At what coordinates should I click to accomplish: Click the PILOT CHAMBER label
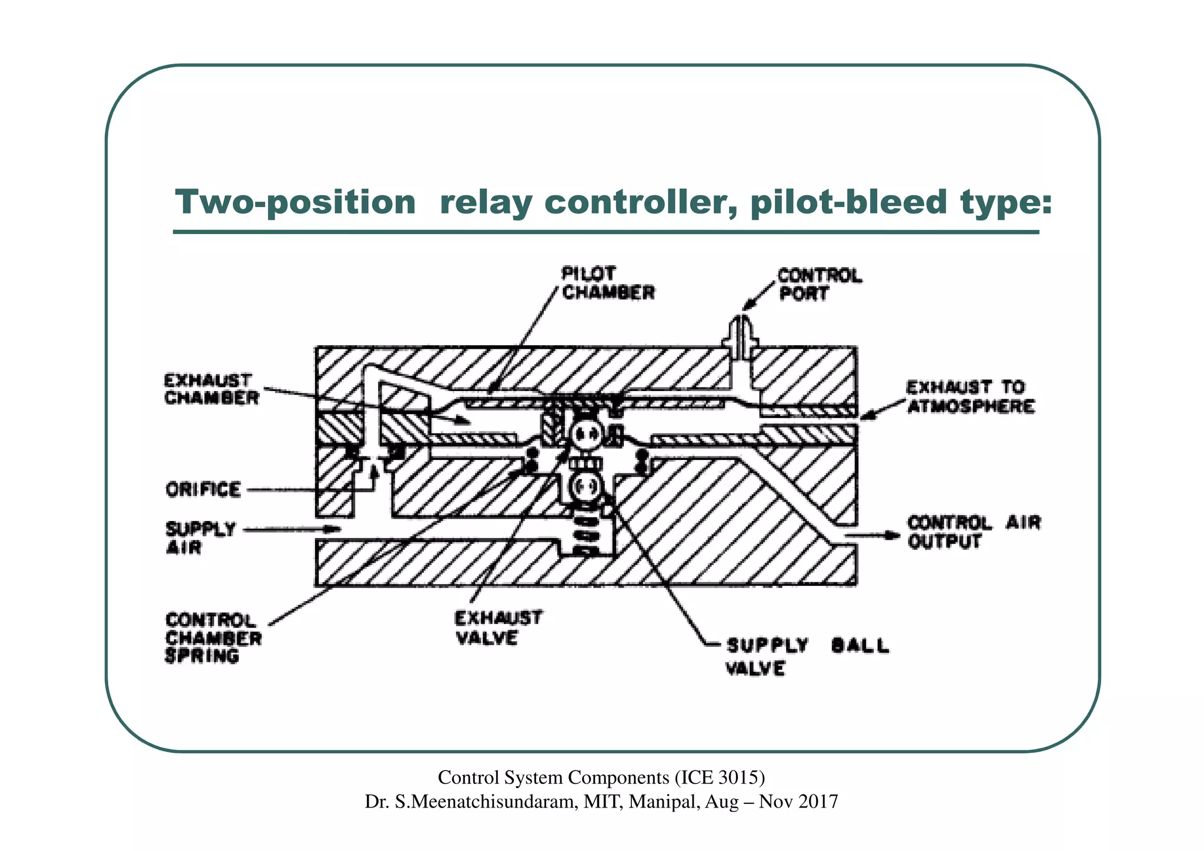pos(607,283)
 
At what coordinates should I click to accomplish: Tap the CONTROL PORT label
pos(819,285)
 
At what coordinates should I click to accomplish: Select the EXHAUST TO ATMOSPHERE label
pos(969,397)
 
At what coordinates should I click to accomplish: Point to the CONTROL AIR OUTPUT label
pos(973,532)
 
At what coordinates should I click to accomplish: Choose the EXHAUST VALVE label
pos(497,628)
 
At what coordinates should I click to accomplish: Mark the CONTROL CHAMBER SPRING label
pos(213,638)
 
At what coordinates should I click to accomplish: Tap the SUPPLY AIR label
pos(200,538)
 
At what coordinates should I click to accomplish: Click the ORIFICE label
pos(203,489)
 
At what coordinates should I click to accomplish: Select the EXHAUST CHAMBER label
pos(210,389)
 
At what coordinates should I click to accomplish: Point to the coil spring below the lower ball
pos(586,535)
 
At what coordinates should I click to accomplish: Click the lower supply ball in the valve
pos(586,486)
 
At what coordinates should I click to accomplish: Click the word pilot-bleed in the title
pos(849,203)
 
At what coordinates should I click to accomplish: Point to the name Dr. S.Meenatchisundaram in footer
pos(471,802)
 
